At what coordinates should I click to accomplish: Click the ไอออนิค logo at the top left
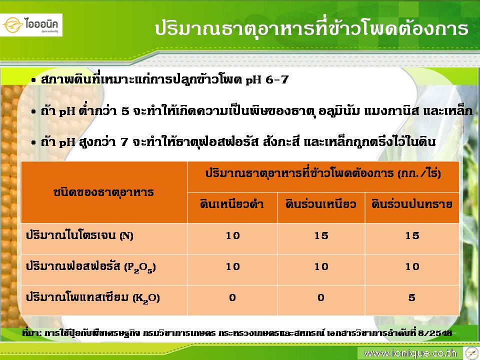[31, 25]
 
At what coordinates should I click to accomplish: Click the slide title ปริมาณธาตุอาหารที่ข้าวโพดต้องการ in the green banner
[311, 28]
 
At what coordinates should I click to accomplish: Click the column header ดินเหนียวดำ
[232, 204]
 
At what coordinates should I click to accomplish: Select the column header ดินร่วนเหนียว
[321, 204]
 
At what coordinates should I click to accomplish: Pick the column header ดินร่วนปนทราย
[412, 204]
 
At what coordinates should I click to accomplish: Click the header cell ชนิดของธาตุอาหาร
[103, 192]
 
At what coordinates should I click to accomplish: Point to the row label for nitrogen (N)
[79, 235]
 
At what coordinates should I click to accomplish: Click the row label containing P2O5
[90, 266]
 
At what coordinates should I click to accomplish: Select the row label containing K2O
[92, 297]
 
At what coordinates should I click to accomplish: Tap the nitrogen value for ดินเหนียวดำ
[232, 235]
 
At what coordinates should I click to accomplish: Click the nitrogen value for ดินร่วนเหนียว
[321, 235]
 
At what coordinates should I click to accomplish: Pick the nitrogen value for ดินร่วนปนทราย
[412, 235]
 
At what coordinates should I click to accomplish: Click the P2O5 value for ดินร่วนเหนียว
[321, 266]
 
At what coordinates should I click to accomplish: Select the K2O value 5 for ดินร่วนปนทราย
[412, 297]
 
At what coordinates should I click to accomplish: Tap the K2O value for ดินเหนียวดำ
[232, 297]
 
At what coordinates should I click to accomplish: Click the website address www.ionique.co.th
[410, 353]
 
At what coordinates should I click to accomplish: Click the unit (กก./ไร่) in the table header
[419, 174]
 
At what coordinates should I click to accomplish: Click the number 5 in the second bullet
[125, 111]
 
